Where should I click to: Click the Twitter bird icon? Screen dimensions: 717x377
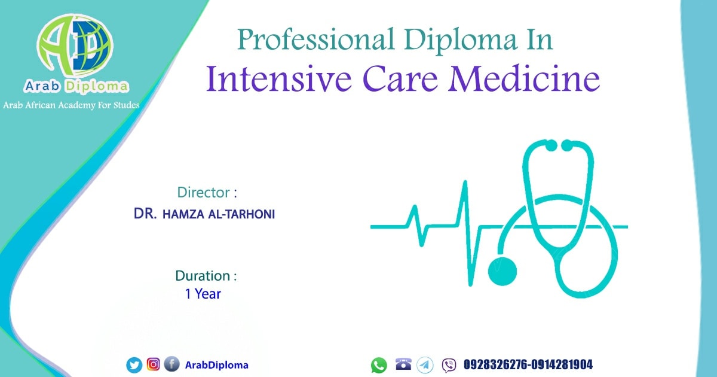tap(134, 365)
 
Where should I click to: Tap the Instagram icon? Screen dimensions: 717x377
tap(154, 364)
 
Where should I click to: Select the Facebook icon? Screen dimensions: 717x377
tap(172, 364)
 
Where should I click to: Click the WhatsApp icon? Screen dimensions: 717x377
tap(379, 365)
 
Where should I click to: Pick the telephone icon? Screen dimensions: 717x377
tap(403, 364)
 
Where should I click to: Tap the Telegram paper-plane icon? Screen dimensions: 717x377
tap(425, 365)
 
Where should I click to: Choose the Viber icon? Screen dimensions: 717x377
tap(449, 366)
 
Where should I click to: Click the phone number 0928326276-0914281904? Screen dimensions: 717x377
tap(528, 364)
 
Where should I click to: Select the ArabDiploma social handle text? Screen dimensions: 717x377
tap(217, 365)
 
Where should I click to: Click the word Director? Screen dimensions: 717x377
tap(204, 192)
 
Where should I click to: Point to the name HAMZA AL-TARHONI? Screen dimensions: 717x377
tap(219, 214)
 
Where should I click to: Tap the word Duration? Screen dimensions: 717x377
tap(203, 276)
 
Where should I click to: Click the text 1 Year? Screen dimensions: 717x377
tap(203, 294)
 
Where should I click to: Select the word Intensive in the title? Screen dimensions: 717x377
tap(279, 79)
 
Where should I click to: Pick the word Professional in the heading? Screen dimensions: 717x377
tap(315, 40)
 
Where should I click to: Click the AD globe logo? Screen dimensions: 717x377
tap(75, 45)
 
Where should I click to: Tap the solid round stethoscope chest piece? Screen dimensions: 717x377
tap(502, 271)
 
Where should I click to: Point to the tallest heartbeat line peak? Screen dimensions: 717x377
tap(465, 182)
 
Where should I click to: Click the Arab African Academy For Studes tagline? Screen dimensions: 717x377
tap(71, 105)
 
